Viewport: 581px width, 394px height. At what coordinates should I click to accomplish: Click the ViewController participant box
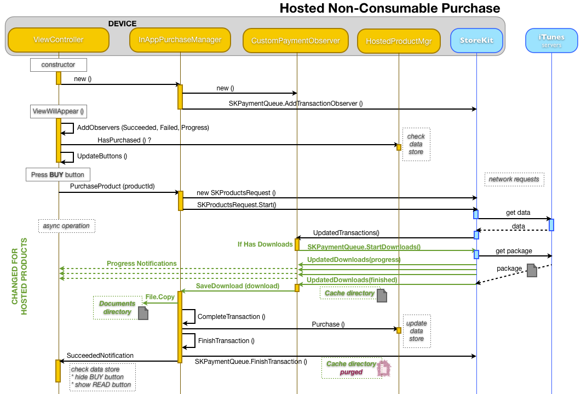point(59,40)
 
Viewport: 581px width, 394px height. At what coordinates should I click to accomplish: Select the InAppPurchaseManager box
point(180,40)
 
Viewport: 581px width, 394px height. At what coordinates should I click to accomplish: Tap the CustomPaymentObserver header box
point(296,41)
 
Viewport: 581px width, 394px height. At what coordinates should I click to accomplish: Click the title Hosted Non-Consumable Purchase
point(389,8)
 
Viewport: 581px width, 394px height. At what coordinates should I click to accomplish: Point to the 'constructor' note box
point(58,65)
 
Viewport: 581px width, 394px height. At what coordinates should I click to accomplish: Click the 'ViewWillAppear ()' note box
point(59,111)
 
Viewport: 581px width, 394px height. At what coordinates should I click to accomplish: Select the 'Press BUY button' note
point(57,175)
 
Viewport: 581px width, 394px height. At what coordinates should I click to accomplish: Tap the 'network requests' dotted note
point(514,179)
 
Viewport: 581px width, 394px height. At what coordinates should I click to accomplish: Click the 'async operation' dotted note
point(67,226)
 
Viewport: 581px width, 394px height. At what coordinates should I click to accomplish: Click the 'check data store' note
point(416,144)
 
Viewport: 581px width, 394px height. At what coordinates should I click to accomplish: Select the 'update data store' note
point(416,331)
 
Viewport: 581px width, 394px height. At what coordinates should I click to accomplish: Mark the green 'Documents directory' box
point(117,308)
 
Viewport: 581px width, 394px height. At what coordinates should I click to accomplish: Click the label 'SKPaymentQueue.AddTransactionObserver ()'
point(296,103)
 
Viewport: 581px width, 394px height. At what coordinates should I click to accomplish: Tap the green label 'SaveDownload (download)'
point(238,286)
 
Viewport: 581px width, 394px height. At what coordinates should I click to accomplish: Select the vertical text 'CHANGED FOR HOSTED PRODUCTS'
point(20,277)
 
